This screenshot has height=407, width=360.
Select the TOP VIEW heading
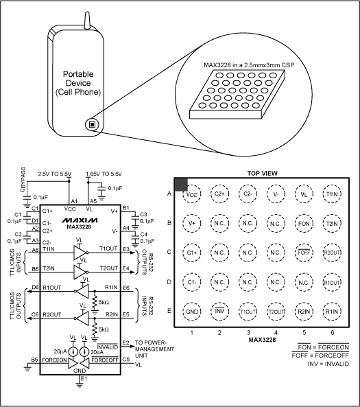coord(262,174)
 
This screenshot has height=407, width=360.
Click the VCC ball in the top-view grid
coord(192,194)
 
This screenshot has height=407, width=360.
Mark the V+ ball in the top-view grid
coord(192,223)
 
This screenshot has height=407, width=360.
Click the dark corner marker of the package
coord(181,184)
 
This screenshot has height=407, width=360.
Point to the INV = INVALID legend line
coord(325,362)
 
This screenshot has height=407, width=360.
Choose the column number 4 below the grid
coord(276,332)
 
